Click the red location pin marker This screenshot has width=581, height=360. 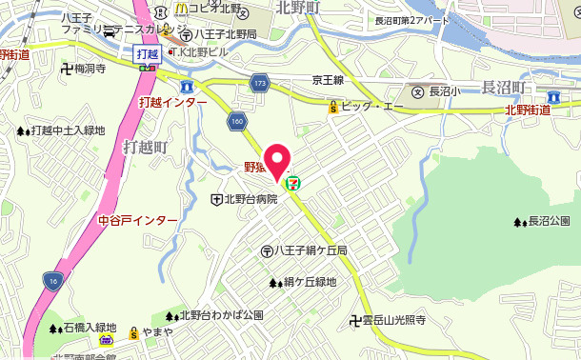276,162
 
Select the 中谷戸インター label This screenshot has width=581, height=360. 138,221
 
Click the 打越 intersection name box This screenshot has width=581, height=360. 145,54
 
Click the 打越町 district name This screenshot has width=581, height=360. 146,148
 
